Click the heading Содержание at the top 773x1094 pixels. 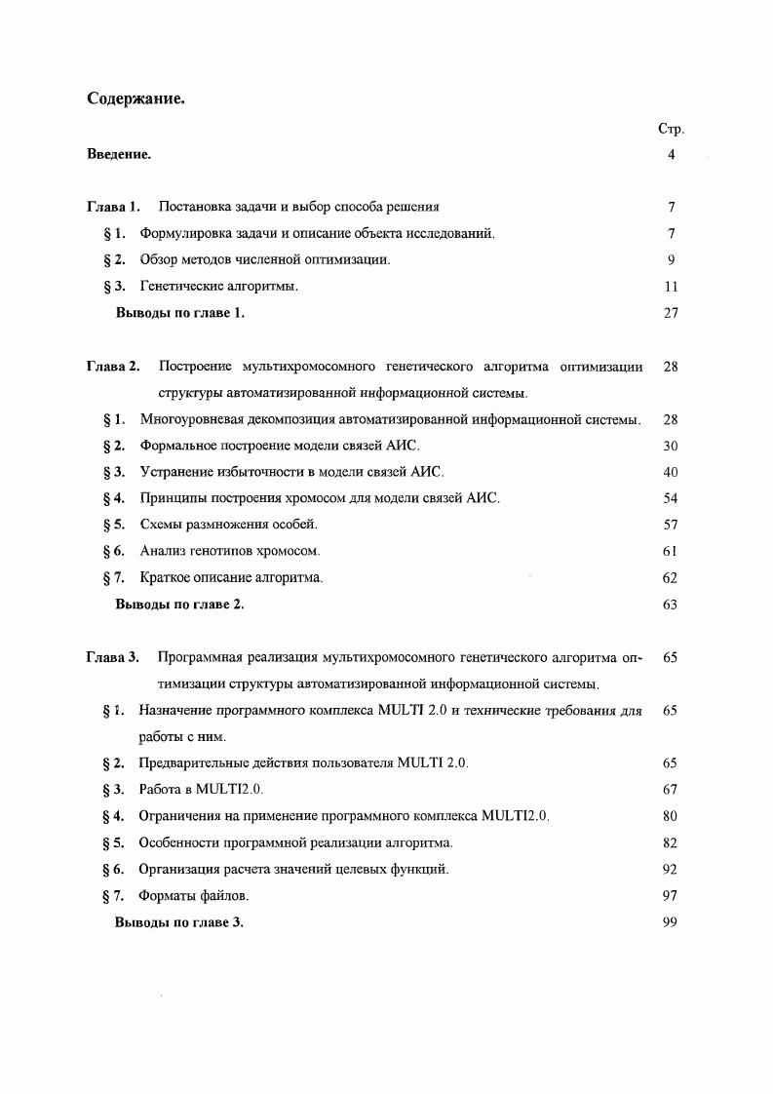click(x=136, y=99)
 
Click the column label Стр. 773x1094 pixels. click(x=672, y=129)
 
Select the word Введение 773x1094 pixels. click(x=119, y=154)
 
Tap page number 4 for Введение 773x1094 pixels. click(x=672, y=154)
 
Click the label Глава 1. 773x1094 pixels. click(x=113, y=207)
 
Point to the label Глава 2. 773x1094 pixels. click(x=113, y=367)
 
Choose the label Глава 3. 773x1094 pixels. click(x=113, y=657)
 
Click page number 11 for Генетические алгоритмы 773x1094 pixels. click(x=670, y=287)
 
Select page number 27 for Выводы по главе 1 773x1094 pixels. click(x=670, y=313)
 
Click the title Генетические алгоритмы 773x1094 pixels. click(x=218, y=287)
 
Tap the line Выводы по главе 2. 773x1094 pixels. click(x=179, y=605)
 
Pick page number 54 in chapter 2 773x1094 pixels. click(x=670, y=498)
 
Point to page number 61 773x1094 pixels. click(x=670, y=551)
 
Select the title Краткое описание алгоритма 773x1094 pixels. click(x=231, y=577)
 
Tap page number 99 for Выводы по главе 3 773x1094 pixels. click(x=670, y=922)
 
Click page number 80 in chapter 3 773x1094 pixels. click(x=670, y=816)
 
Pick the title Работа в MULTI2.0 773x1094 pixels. click(x=201, y=790)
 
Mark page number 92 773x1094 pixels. click(x=670, y=869)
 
